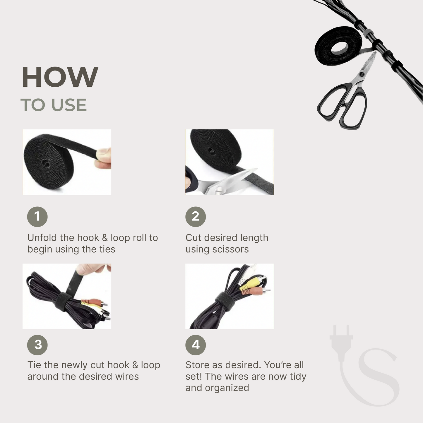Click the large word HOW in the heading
coord(60,77)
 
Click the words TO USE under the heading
coord(54,105)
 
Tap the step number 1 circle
coord(37,217)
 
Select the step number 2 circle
coord(196,217)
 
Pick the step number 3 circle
coord(37,345)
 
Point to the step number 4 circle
coord(196,345)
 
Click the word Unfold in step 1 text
coord(42,238)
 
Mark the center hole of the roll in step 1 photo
coord(45,163)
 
